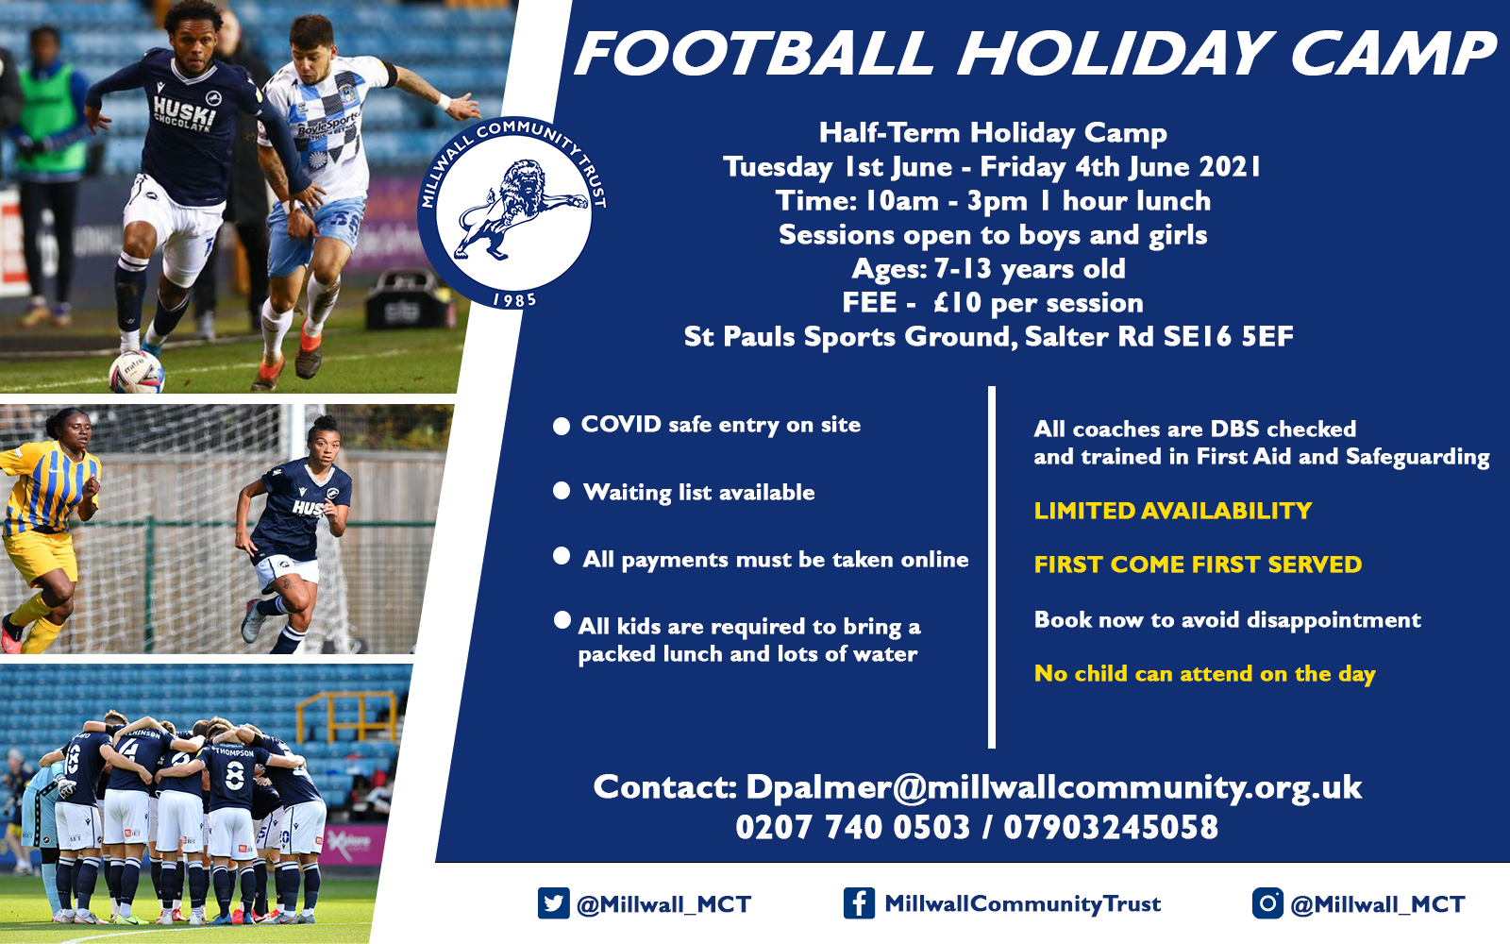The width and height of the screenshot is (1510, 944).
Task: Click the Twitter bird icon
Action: tap(553, 903)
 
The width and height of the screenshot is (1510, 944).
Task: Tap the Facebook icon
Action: tap(860, 903)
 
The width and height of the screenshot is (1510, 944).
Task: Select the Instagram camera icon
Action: tap(1267, 903)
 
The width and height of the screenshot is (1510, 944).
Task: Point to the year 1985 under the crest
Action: tap(514, 300)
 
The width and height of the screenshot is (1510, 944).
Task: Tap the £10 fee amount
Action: tap(958, 303)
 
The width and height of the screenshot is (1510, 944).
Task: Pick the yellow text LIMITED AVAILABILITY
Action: tap(1173, 511)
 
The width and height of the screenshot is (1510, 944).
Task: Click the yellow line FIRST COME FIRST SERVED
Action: tap(1198, 565)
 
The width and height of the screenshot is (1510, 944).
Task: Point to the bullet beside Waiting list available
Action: tap(562, 491)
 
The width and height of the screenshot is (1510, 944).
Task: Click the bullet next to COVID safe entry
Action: tap(562, 426)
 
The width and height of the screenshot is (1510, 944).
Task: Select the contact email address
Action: tap(1053, 787)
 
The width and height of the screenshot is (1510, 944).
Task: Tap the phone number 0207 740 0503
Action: tap(852, 827)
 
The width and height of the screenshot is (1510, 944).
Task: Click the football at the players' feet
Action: tap(137, 372)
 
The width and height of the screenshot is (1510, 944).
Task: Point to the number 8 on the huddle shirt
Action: tap(235, 776)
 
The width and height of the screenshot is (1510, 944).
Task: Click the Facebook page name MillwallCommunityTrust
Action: tap(1023, 903)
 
